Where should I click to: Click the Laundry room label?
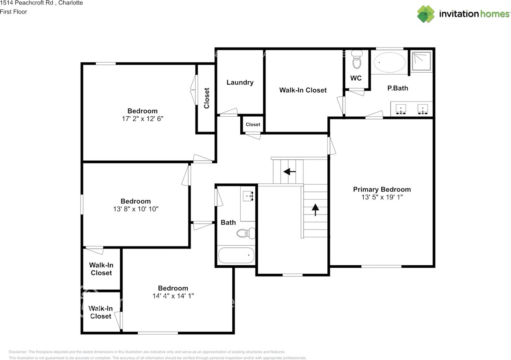pyautogui.click(x=240, y=82)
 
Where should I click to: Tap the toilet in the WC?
pyautogui.click(x=357, y=61)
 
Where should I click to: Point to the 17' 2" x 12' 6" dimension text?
pyautogui.click(x=143, y=119)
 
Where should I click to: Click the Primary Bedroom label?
pyautogui.click(x=382, y=189)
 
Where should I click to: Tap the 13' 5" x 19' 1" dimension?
pyautogui.click(x=382, y=197)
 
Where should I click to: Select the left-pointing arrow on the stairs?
pyautogui.click(x=289, y=172)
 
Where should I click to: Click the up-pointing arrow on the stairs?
pyautogui.click(x=316, y=209)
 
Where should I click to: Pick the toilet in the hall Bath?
pyautogui.click(x=246, y=233)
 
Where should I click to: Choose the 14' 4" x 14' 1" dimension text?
pyautogui.click(x=173, y=296)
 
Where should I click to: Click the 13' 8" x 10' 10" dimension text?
pyautogui.click(x=136, y=209)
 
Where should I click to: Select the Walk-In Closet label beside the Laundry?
pyautogui.click(x=303, y=90)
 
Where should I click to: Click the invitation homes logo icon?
pyautogui.click(x=426, y=14)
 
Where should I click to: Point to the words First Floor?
pyautogui.click(x=14, y=12)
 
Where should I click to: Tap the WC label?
pyautogui.click(x=356, y=78)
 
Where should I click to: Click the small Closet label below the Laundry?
pyautogui.click(x=253, y=125)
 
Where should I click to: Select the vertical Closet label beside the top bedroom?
pyautogui.click(x=206, y=98)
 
